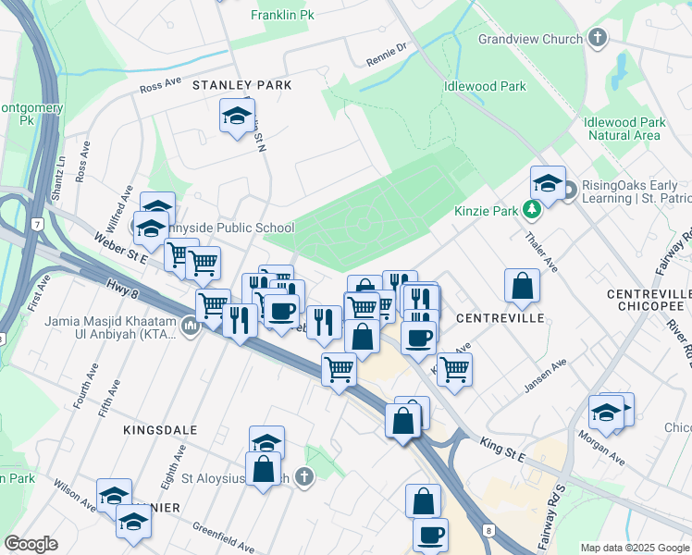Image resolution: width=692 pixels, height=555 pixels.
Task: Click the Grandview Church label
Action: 530,39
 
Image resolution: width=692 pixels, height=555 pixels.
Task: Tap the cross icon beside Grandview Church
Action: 598,39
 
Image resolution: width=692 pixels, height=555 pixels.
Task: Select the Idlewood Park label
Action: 485,86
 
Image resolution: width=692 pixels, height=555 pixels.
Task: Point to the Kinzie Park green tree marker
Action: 531,211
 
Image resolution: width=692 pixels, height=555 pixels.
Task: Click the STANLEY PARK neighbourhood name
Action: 242,85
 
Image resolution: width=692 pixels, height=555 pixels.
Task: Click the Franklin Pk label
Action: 282,16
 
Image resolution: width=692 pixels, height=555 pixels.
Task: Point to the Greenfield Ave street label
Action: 223,537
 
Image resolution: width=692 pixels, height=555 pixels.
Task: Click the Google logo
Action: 31,544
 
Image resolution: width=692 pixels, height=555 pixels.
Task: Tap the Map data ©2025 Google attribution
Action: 634,548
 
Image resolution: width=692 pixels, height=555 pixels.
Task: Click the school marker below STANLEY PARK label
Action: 237,117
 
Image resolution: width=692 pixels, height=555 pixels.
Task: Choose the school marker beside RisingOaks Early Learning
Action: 548,183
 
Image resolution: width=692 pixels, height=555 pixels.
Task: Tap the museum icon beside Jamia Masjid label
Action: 190,325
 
